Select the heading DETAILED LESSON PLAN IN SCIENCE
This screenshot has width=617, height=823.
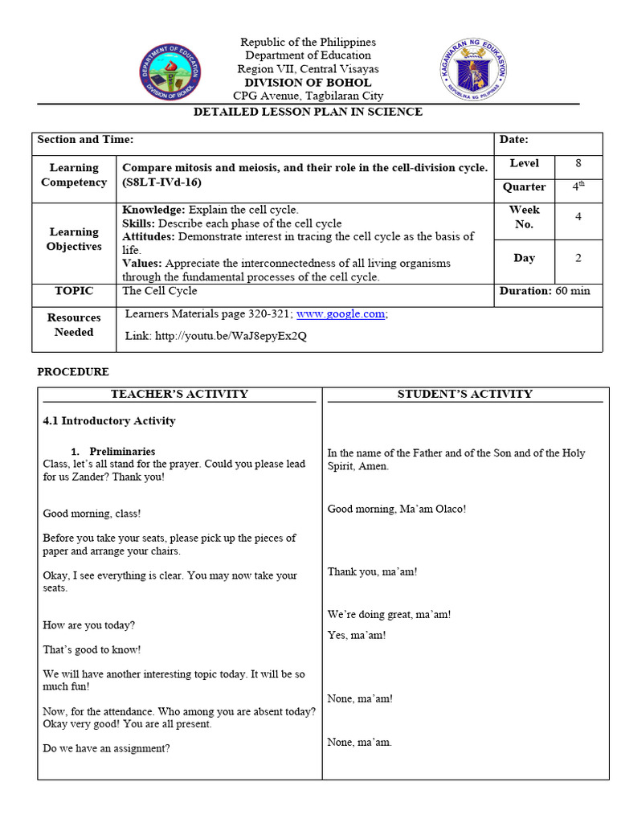(x=308, y=112)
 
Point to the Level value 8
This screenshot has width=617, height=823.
(x=578, y=163)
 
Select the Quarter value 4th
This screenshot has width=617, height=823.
(x=577, y=186)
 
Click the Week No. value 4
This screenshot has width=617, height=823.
(x=578, y=217)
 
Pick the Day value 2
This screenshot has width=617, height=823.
(x=578, y=258)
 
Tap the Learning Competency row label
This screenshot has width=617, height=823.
(x=74, y=175)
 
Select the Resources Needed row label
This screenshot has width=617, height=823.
(x=74, y=325)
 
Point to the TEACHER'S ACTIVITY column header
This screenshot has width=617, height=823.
(x=179, y=394)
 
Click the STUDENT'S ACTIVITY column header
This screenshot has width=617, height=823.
(x=465, y=394)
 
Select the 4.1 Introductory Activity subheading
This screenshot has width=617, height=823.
(x=108, y=421)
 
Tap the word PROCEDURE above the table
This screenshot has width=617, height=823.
(x=73, y=372)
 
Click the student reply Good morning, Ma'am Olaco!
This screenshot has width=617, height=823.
(x=396, y=509)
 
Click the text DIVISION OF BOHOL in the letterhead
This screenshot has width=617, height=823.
(x=308, y=83)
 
